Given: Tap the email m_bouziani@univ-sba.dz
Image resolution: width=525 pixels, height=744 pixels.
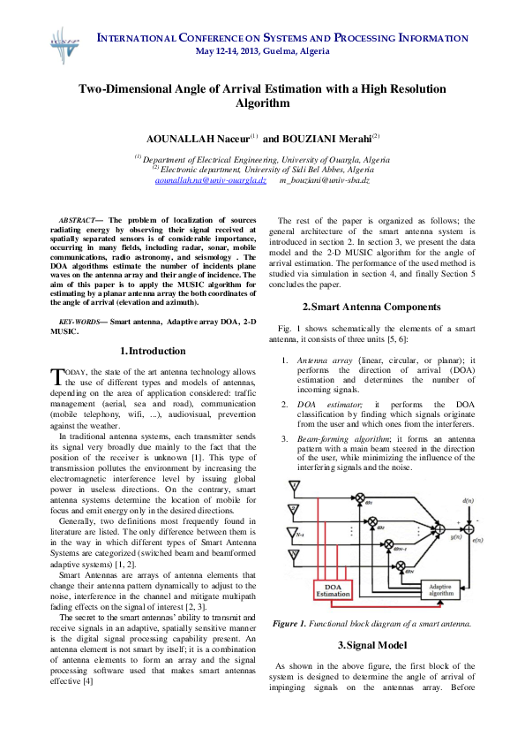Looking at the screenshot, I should tap(324, 179).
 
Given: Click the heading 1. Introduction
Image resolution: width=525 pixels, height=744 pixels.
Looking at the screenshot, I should tap(152, 351).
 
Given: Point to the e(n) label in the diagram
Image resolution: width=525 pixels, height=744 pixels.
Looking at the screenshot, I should tap(477, 539).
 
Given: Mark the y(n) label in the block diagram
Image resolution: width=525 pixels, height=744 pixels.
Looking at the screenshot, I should tap(456, 536).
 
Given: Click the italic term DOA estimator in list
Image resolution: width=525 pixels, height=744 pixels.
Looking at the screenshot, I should tap(323, 403).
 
